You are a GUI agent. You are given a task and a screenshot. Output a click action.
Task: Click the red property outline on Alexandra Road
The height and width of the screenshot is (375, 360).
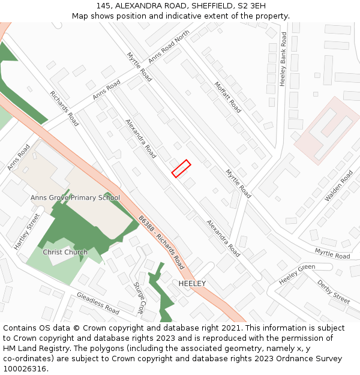pos(181,169)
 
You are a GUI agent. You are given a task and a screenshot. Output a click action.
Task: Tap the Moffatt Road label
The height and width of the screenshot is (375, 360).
pos(227,97)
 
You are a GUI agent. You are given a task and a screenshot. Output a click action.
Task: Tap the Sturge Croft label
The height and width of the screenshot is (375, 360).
pos(139,298)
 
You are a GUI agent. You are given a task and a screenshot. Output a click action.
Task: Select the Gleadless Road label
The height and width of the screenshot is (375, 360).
pos(98,303)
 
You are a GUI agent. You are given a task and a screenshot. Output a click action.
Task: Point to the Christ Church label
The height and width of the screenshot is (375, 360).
pos(65,252)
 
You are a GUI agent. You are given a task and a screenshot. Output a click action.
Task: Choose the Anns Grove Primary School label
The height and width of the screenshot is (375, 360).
pos(75,197)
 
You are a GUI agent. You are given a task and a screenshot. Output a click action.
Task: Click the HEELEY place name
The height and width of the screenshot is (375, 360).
pos(192,283)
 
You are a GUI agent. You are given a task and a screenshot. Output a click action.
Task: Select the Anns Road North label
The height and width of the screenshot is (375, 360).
pos(169,47)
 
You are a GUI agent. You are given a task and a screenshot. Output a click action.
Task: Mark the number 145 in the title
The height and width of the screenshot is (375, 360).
pos(104,5)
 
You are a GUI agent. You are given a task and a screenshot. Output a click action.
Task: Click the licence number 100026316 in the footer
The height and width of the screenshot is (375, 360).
pos(25,368)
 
